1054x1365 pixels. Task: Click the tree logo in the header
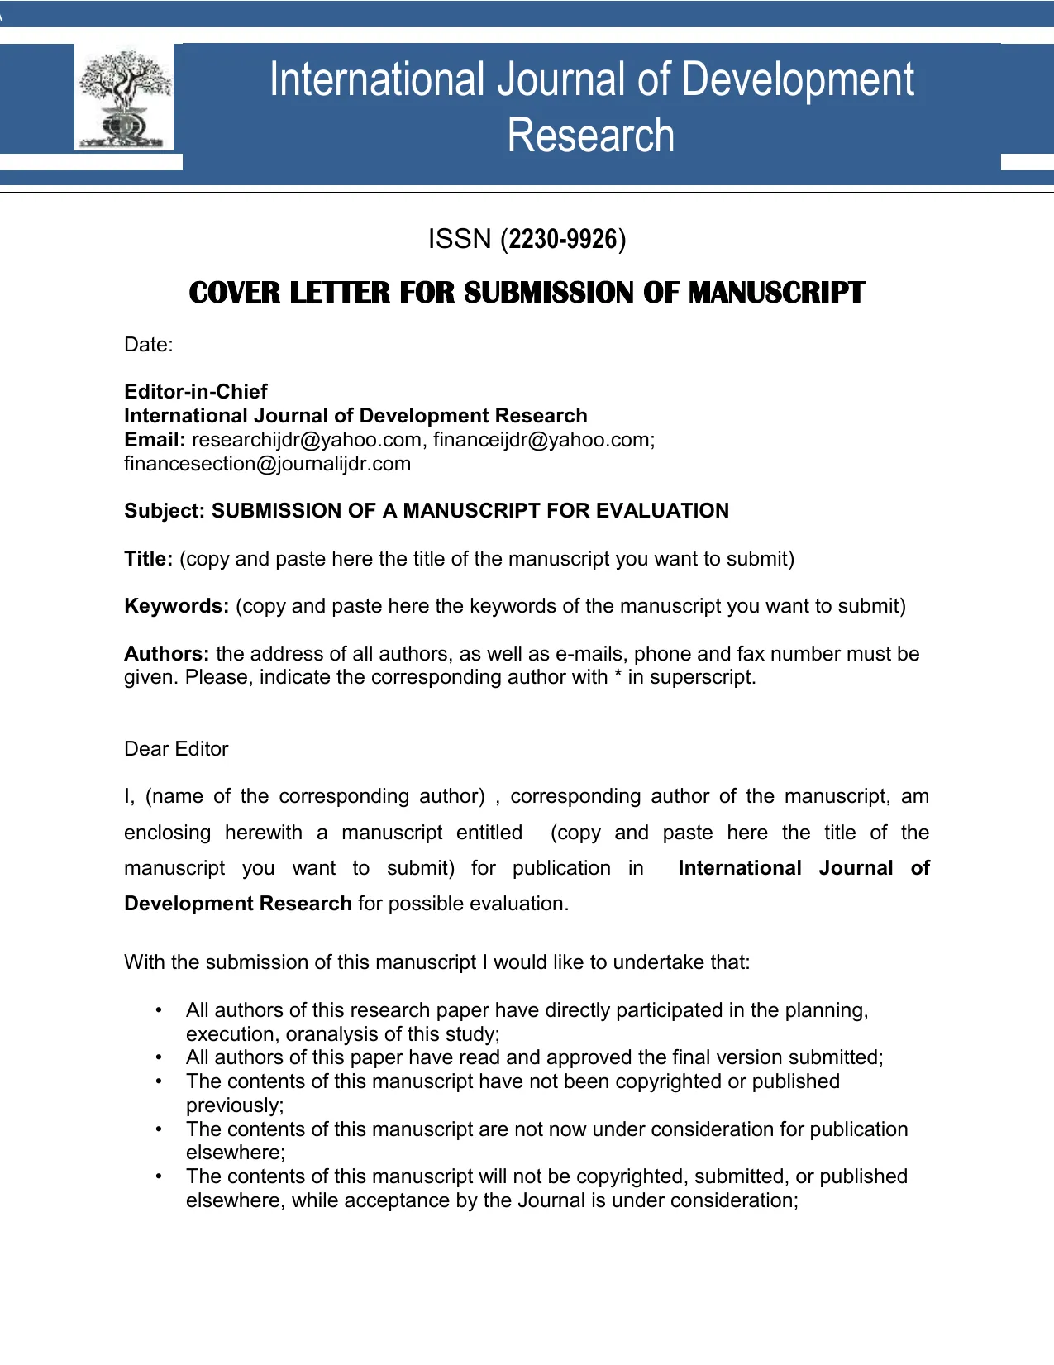tap(125, 98)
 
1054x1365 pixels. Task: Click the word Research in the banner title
tap(590, 136)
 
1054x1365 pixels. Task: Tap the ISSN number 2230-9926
tap(563, 240)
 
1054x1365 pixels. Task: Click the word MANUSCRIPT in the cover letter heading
tap(776, 293)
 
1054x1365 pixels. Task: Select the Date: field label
tap(149, 346)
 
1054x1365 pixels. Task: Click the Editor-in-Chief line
tap(196, 392)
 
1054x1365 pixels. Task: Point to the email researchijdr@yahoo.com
tap(306, 440)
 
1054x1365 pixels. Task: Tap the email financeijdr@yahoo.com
tap(541, 440)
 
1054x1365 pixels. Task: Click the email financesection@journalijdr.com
tap(267, 464)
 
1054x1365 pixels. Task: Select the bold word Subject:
tap(164, 511)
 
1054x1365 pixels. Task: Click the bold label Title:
tap(148, 559)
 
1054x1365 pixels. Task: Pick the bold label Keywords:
tap(176, 606)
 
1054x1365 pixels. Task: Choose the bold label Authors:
tap(166, 654)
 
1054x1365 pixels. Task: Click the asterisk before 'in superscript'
tap(617, 676)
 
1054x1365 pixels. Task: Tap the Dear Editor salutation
tap(176, 749)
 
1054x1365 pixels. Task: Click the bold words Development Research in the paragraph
tap(238, 904)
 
